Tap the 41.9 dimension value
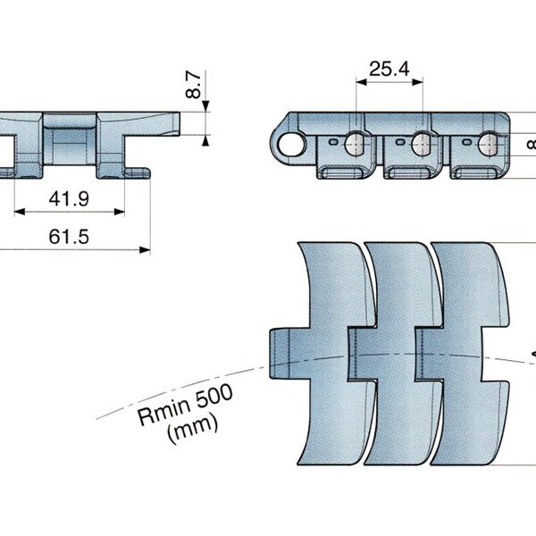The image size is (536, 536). pos(68,199)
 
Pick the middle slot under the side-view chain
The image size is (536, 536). pos(409,170)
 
